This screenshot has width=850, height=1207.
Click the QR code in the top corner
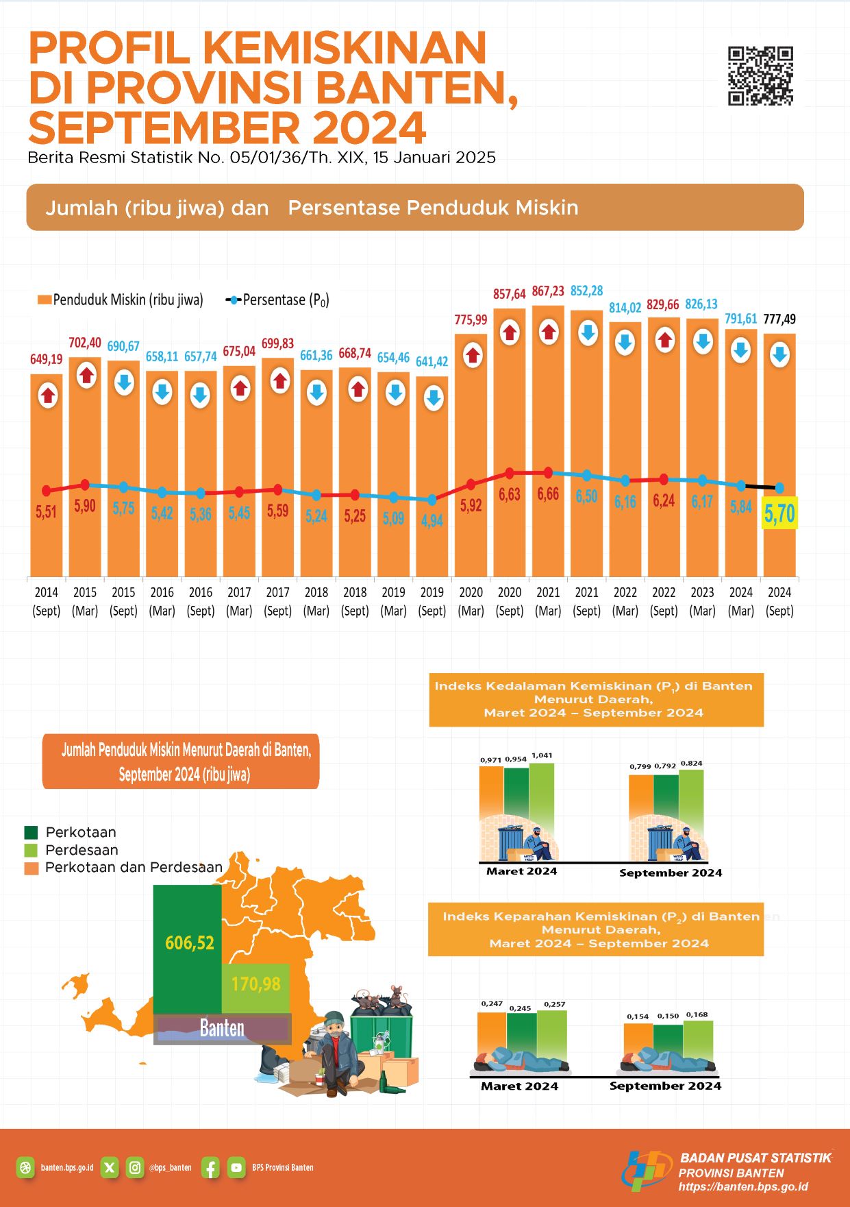tap(760, 76)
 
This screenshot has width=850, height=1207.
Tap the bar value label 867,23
tap(548, 292)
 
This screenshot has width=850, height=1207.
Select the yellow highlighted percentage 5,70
tap(779, 513)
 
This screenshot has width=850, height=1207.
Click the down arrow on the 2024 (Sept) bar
tap(779, 354)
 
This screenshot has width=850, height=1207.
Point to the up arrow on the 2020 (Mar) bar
tap(471, 356)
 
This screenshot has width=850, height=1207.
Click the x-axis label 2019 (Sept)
tap(432, 601)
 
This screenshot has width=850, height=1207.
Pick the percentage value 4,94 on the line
tap(432, 521)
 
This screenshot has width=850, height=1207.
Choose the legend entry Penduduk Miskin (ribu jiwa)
tap(121, 300)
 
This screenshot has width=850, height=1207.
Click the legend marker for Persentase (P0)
tap(234, 300)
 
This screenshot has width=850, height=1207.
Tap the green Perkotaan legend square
tap(31, 832)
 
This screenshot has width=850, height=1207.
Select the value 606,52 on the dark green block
tap(190, 943)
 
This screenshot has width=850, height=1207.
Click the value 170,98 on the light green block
tap(255, 984)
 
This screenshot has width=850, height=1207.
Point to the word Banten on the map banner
tap(222, 1028)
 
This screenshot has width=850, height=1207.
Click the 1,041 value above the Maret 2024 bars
tap(542, 755)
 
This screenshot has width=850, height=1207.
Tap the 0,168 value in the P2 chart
tap(697, 1014)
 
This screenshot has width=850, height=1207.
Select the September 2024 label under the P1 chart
tap(671, 873)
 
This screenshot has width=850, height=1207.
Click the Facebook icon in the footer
tap(210, 1167)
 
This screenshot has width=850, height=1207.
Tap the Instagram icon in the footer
tap(136, 1167)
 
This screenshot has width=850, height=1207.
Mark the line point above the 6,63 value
tap(510, 473)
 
